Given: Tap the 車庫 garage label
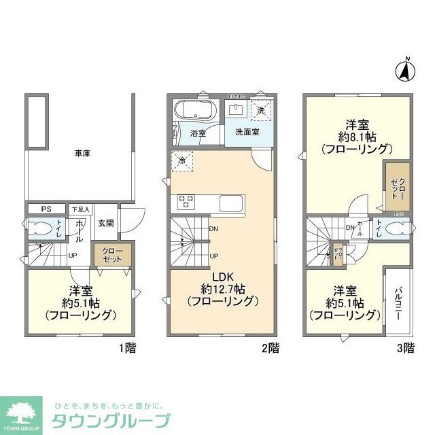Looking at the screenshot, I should coord(82,154).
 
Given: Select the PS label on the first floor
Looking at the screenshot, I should coord(46,209).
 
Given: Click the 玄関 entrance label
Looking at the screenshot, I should coord(106,224).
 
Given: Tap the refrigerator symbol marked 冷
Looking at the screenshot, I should coord(183,161).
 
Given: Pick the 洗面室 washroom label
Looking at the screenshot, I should coord(247,132).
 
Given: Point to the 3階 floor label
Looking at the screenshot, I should coord(405,349).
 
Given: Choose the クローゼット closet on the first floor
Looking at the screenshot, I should coord(113,256).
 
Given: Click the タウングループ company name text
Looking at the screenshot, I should coord(111,421).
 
